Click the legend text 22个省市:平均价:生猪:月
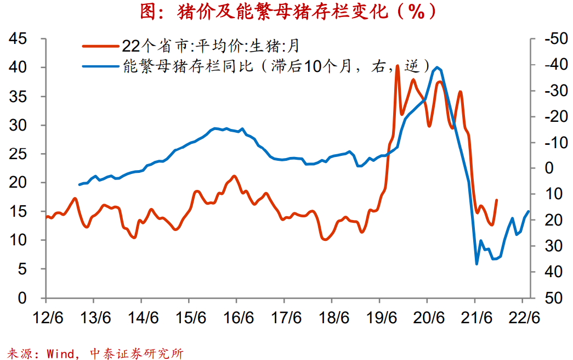pos(211,45)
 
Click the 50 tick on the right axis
pos(549,298)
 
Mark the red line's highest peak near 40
pos(397,66)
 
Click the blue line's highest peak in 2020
pos(436,67)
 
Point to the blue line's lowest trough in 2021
pos(476,264)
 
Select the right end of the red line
pos(496,200)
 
